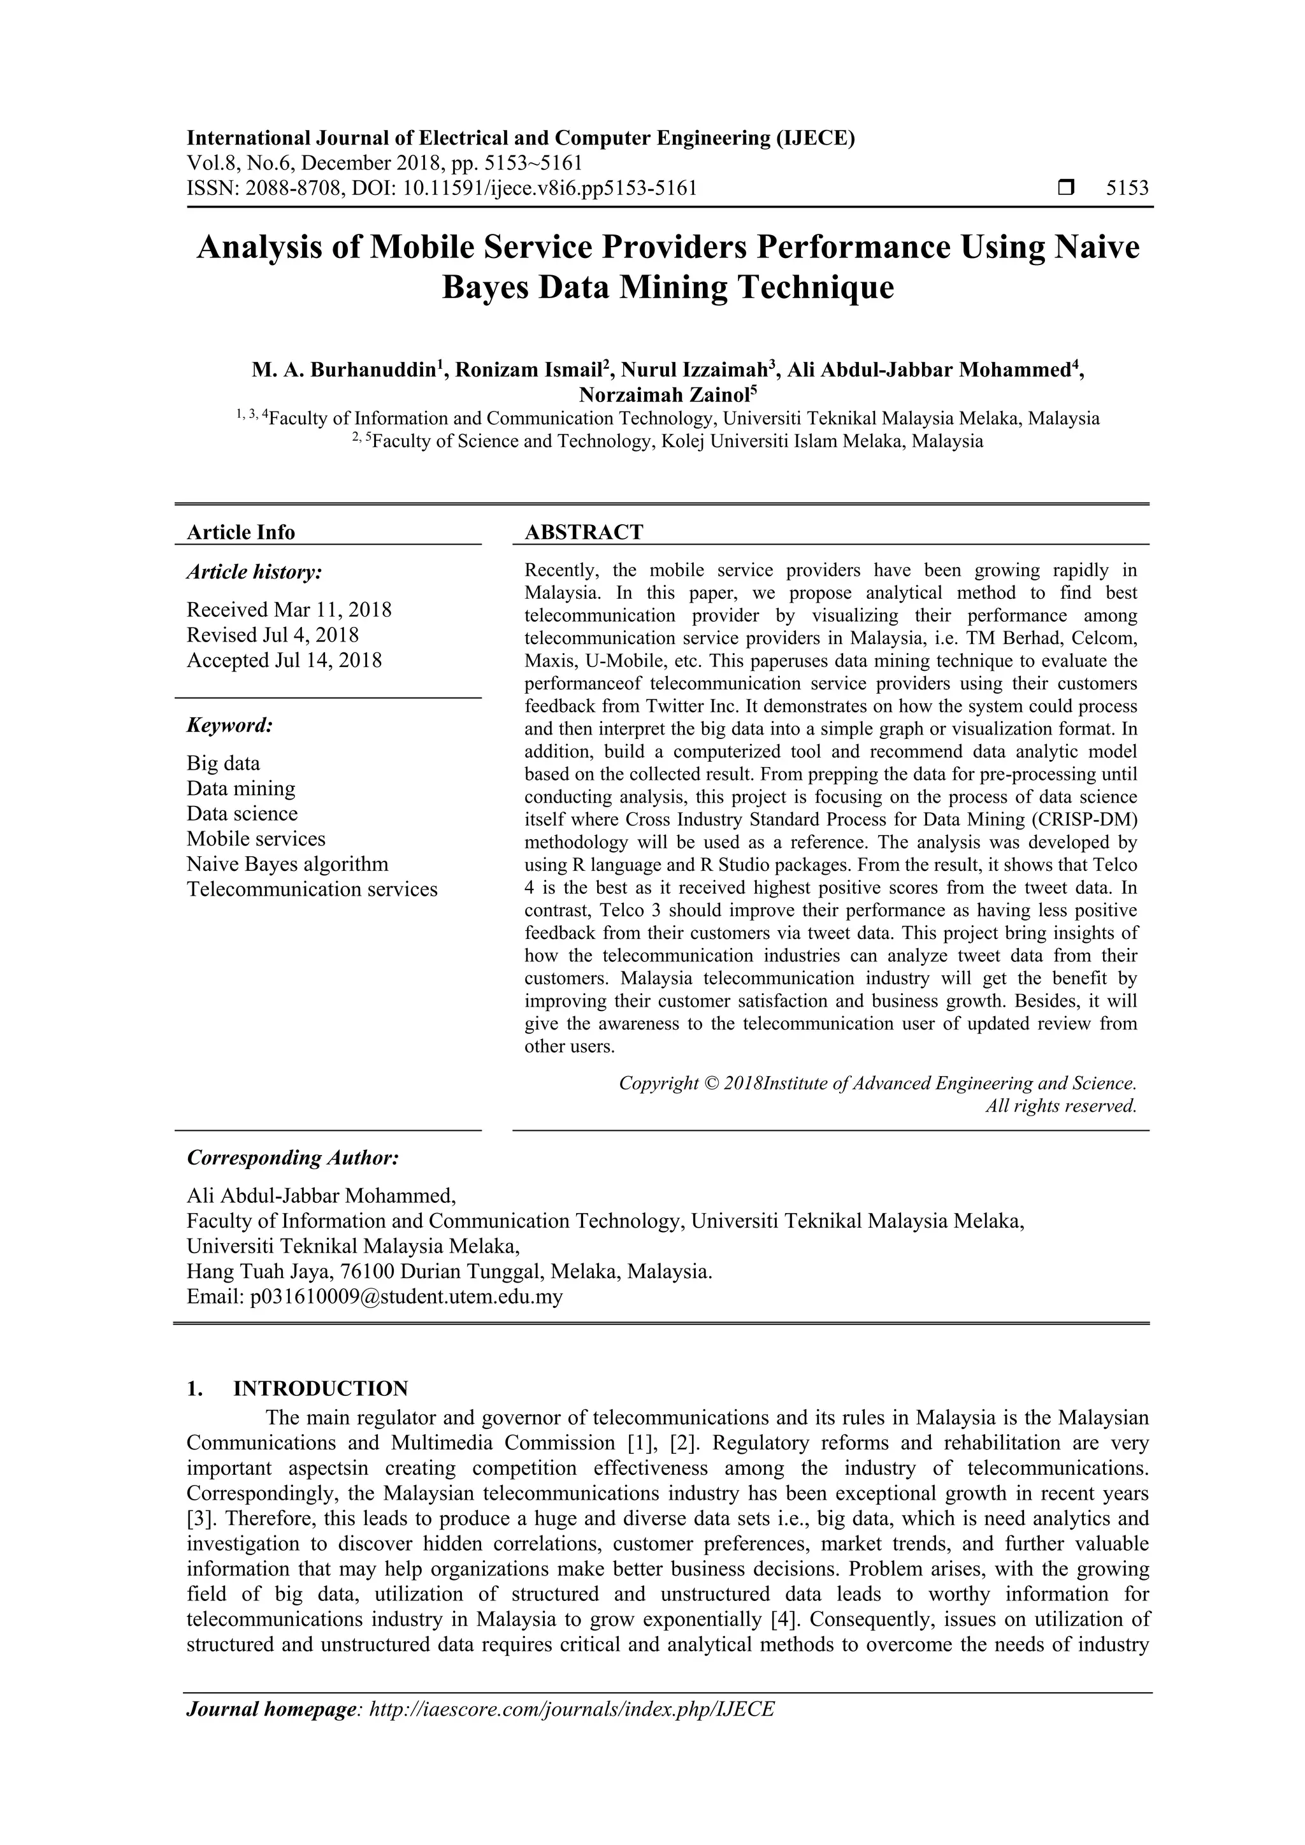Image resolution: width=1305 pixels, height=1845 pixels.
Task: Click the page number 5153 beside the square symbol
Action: click(x=1127, y=189)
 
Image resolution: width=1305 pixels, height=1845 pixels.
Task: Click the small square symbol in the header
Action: click(x=1066, y=188)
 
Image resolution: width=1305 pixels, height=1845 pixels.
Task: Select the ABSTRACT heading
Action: click(x=584, y=532)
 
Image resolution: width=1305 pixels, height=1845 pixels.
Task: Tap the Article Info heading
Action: click(x=240, y=532)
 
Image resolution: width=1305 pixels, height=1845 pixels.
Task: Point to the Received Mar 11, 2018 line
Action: click(x=289, y=610)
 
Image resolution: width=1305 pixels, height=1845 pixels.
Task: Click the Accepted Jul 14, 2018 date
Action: click(x=284, y=661)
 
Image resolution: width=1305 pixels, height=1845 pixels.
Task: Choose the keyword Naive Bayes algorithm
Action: click(x=287, y=864)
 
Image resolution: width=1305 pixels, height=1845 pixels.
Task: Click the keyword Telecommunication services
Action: click(x=312, y=889)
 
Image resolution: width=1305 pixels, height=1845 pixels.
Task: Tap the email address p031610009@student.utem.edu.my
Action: click(x=406, y=1296)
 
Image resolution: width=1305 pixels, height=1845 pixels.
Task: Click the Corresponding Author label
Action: click(x=292, y=1158)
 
